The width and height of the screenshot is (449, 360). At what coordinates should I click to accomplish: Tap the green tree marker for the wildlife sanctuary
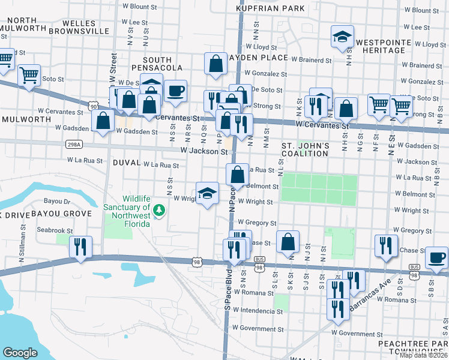159,210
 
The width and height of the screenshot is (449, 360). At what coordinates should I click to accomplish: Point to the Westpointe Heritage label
380,46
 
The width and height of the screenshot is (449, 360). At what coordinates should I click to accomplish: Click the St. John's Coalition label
306,150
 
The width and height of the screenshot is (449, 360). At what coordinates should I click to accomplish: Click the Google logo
20,353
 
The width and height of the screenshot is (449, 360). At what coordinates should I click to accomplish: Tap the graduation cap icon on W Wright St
208,194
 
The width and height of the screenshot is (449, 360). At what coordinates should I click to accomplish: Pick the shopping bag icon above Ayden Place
215,64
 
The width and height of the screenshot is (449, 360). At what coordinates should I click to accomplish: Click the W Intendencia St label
258,310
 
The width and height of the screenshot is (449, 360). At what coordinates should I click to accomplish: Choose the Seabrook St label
55,230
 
